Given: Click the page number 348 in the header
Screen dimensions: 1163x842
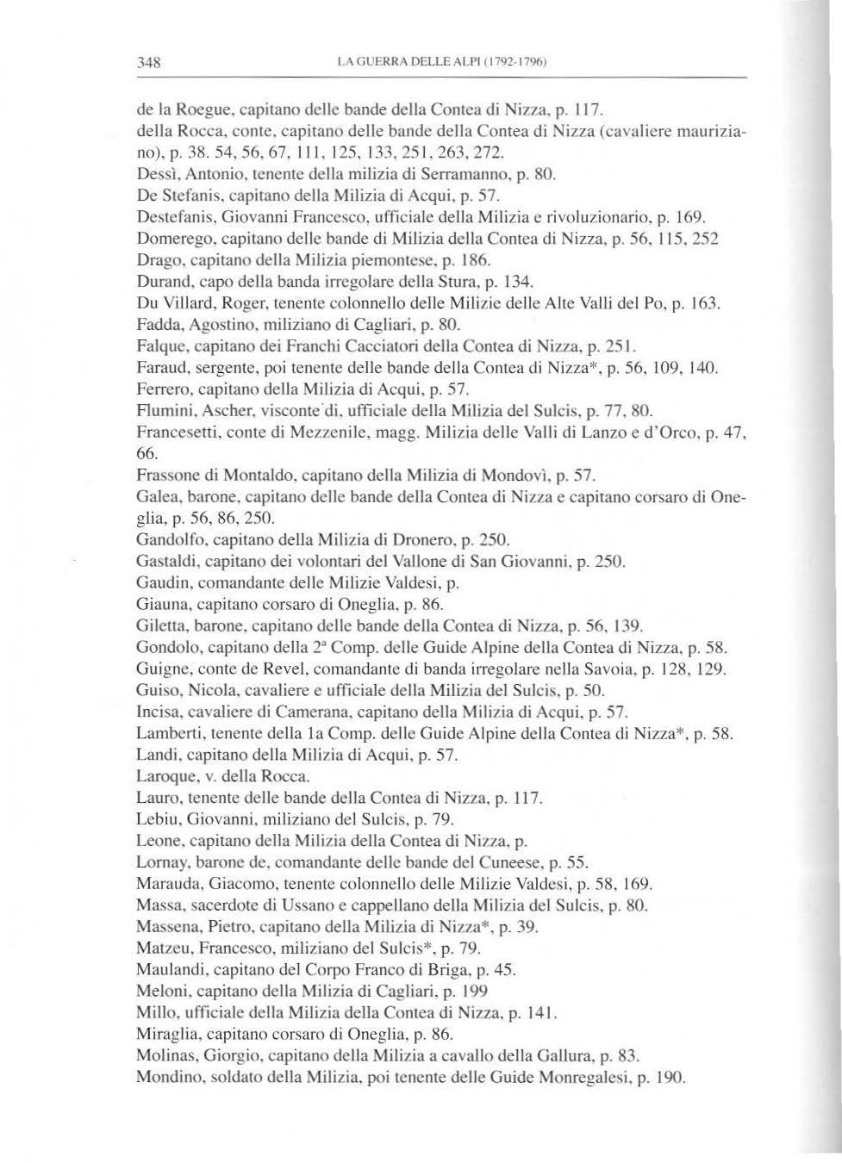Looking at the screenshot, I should point(150,62).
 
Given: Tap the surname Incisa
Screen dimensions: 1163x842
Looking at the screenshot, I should point(159,712).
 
